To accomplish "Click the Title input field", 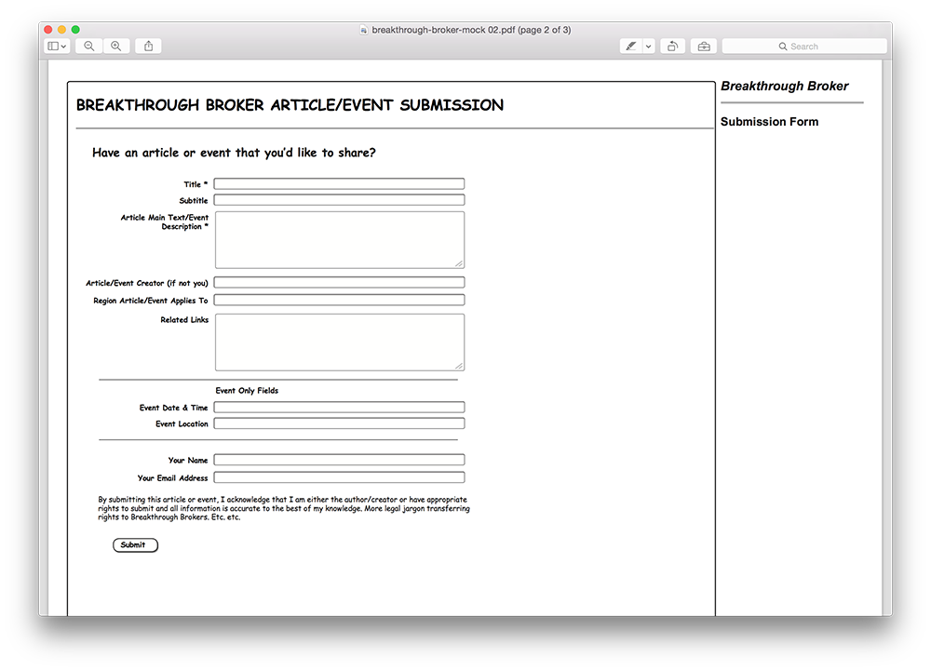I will click(339, 184).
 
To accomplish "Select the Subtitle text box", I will click(339, 200).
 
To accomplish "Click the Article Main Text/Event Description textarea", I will click(339, 240).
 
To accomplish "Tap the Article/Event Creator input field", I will click(339, 283).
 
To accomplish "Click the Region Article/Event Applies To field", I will click(339, 301).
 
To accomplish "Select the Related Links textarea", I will click(339, 342).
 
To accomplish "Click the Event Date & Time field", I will click(339, 408).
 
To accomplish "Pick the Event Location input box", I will click(339, 423).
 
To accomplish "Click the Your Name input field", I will click(339, 460).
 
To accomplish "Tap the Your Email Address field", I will click(339, 477).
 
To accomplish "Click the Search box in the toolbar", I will click(804, 47).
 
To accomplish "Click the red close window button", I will click(48, 30).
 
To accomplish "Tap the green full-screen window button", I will click(75, 30).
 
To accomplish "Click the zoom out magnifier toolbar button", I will click(89, 46).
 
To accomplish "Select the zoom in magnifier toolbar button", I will click(115, 46).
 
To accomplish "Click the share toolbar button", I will click(148, 46).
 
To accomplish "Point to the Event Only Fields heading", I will click(247, 391).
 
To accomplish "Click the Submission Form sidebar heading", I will click(769, 122).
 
